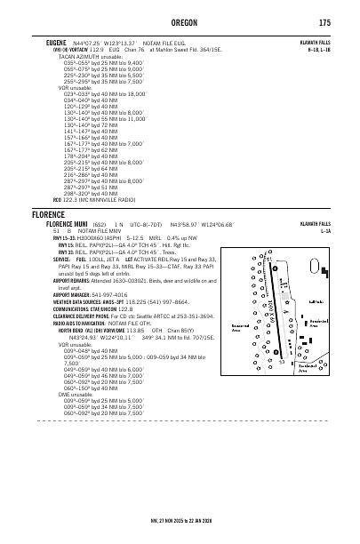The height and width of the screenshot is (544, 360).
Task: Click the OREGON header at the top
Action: coord(180,23)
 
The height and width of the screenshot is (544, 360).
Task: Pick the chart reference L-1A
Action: coord(325,231)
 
